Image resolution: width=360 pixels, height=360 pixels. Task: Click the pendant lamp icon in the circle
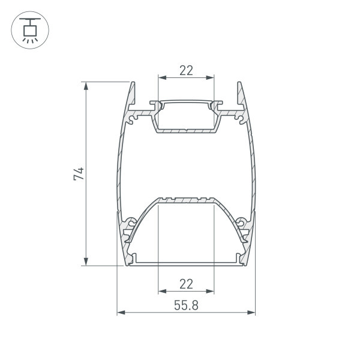30,30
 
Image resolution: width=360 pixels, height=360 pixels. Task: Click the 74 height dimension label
79,174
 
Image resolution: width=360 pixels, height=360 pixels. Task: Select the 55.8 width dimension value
186,305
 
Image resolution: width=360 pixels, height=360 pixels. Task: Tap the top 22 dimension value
186,70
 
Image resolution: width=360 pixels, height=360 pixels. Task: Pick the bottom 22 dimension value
186,284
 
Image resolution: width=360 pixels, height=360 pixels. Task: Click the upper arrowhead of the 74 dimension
86,86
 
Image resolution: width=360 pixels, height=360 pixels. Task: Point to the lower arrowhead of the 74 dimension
86,262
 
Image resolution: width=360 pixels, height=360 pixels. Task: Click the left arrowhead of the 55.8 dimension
121,313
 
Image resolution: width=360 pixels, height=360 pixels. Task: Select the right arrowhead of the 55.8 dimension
251,313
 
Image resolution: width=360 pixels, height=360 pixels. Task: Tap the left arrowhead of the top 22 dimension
163,77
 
